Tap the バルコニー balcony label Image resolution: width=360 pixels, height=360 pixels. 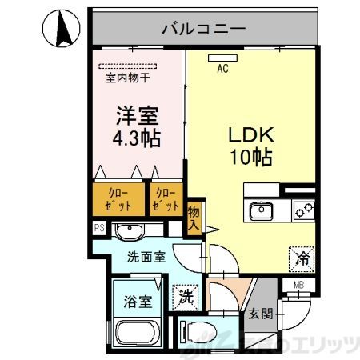(x=203, y=30)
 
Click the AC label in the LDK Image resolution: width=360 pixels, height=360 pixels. (x=222, y=70)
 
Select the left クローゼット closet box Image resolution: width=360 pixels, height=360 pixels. (x=116, y=199)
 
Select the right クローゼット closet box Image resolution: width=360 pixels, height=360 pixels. (x=166, y=199)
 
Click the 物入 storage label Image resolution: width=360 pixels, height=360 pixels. (x=194, y=217)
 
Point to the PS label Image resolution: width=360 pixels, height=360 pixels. (x=99, y=228)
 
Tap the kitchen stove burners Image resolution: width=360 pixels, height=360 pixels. (x=302, y=211)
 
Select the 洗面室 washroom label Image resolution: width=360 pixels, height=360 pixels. (x=146, y=258)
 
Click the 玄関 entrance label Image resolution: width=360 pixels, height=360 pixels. (x=260, y=313)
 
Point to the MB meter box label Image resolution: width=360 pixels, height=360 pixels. (x=299, y=283)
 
